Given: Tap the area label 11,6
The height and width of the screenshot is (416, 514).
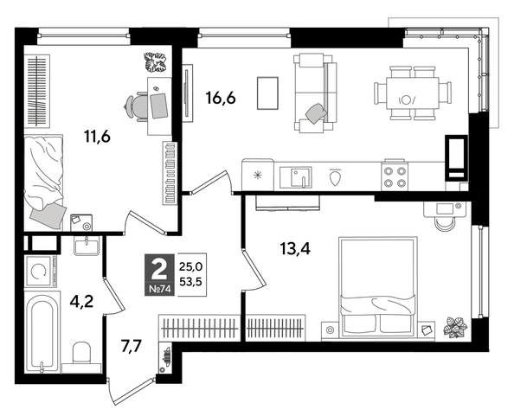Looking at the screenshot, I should (96, 136).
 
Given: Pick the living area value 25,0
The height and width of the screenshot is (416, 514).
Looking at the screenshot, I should (191, 265).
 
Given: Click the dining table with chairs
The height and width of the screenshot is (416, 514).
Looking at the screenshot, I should (412, 92).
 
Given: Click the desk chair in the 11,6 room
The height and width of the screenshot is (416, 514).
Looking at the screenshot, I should (139, 105).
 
